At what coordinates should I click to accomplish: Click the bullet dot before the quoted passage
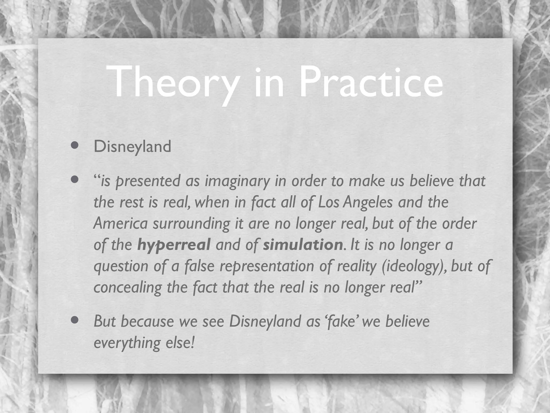click(75, 179)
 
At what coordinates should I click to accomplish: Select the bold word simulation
click(303, 245)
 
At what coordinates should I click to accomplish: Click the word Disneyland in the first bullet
click(132, 147)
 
